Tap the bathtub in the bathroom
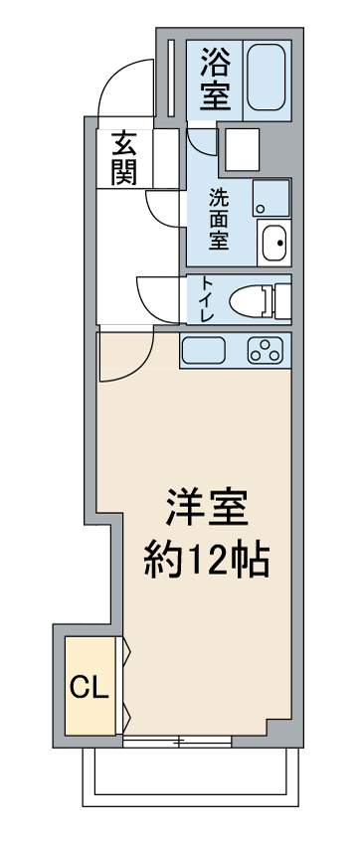pyautogui.click(x=267, y=78)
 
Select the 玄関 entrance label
pyautogui.click(x=124, y=158)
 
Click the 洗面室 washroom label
pyautogui.click(x=219, y=219)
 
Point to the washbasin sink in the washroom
pyautogui.click(x=274, y=243)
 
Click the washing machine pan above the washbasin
pyautogui.click(x=271, y=198)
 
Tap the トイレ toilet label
pyautogui.click(x=206, y=299)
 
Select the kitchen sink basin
pyautogui.click(x=204, y=350)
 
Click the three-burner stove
pyautogui.click(x=265, y=350)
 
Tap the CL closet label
pyautogui.click(x=90, y=687)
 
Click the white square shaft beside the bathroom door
pyautogui.click(x=242, y=149)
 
